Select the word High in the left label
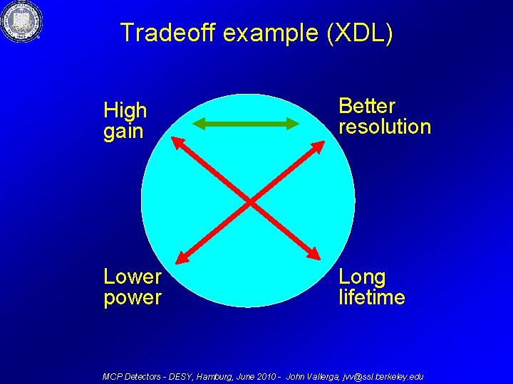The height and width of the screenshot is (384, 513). pos(125,110)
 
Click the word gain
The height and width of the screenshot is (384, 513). pos(123,132)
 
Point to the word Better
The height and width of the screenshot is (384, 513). pos(367,106)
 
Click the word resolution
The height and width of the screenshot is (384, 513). pos(385,127)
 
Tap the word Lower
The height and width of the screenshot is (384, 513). pos(133,277)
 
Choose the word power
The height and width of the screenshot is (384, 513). pos(133,297)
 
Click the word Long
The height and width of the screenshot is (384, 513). pos(362,277)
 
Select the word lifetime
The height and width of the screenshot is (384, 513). pos(372,297)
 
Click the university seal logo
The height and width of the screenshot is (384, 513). pos(22,21)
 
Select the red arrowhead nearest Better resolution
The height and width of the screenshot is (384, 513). pos(317,144)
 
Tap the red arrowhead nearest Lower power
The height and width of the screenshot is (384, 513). pos(182,259)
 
